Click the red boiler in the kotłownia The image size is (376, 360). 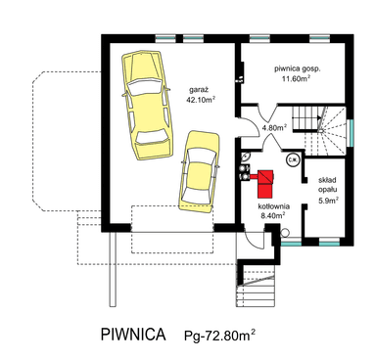coord(265,184)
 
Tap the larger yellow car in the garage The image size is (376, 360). coord(147,105)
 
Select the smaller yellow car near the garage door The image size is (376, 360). coord(199,172)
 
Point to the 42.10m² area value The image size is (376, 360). coord(201,100)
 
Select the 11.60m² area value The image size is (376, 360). coord(296,79)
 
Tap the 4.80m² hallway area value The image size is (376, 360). coord(274,128)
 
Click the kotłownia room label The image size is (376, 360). coord(274,206)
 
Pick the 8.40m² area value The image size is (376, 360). coord(273,215)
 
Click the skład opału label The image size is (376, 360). coord(328,185)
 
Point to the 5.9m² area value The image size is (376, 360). coord(328,201)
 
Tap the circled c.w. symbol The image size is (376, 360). coord(291,159)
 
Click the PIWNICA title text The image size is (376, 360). coord(133,335)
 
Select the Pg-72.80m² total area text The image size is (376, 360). coord(219,336)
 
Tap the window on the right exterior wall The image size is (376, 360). coord(351,133)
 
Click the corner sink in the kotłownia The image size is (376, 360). coord(246,157)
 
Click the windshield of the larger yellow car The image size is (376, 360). coord(146,87)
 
